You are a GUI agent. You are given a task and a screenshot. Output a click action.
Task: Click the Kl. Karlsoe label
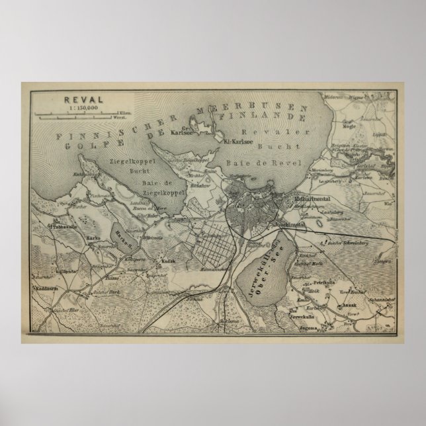pyautogui.click(x=239, y=141)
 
